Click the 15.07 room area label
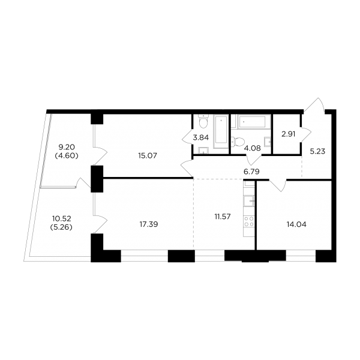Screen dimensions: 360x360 tap(148, 155)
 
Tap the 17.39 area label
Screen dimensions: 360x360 tap(149, 224)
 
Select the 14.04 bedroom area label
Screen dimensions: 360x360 tap(296, 224)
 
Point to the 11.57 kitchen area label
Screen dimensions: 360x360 tap(223, 216)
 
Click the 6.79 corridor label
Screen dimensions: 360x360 tap(251, 172)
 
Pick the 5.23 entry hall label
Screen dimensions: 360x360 tap(317, 152)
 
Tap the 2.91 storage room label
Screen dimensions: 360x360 tap(289, 134)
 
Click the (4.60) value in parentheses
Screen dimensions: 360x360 tap(67, 156)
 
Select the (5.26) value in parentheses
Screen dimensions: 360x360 tap(61, 227)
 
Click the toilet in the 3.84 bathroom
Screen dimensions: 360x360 tap(203, 122)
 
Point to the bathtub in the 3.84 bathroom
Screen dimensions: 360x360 tap(221, 132)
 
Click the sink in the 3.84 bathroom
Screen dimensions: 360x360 tap(203, 151)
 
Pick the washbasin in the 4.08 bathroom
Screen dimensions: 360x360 tap(268, 142)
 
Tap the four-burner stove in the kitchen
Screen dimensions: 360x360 tap(249, 221)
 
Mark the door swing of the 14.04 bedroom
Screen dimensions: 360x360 tap(278, 185)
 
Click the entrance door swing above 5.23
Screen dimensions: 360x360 tap(314, 105)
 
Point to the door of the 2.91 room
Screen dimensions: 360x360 tap(306, 134)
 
